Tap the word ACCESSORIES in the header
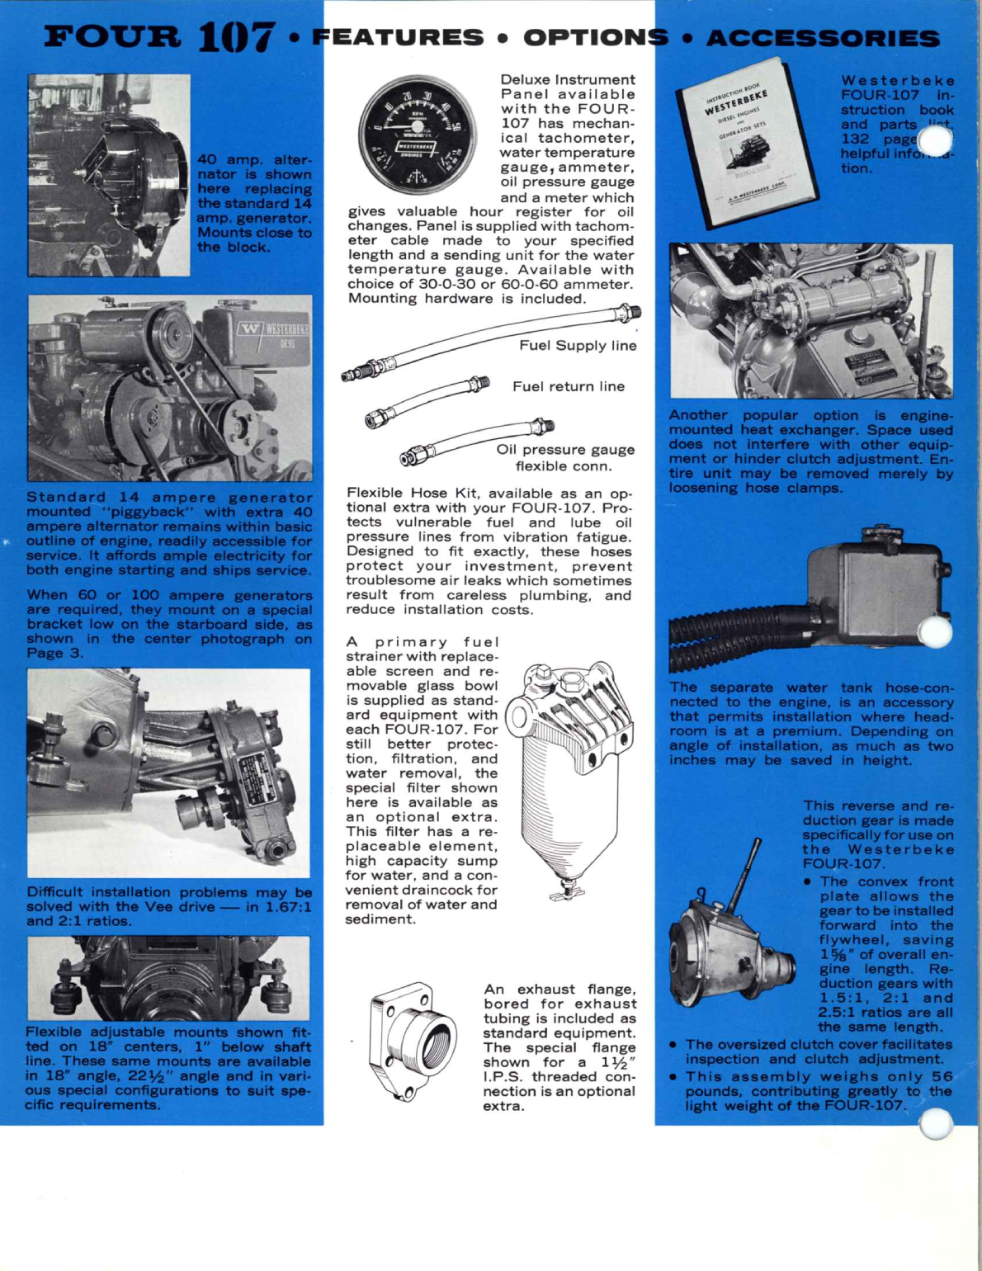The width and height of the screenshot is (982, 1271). coord(823,38)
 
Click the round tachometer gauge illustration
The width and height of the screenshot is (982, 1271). coord(418,135)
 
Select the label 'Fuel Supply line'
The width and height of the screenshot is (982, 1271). coord(578,345)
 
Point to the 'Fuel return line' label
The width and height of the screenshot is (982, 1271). coord(568,386)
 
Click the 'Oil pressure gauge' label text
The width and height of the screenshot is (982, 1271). coord(565,450)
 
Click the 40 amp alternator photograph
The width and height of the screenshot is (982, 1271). coord(109,175)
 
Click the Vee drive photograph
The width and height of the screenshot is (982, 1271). coord(168,773)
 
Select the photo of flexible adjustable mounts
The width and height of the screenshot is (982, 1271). coord(168,978)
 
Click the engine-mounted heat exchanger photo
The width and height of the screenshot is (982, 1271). coord(810,321)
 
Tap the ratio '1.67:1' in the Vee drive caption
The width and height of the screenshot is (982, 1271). coord(283,907)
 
